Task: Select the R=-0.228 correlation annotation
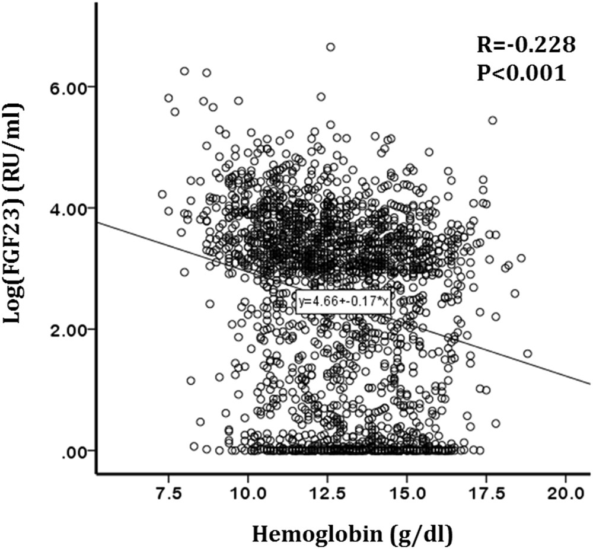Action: click(x=526, y=44)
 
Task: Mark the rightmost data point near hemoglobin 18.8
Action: click(x=527, y=354)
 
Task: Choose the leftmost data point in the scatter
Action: click(x=162, y=194)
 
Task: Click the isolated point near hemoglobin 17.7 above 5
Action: click(x=492, y=120)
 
